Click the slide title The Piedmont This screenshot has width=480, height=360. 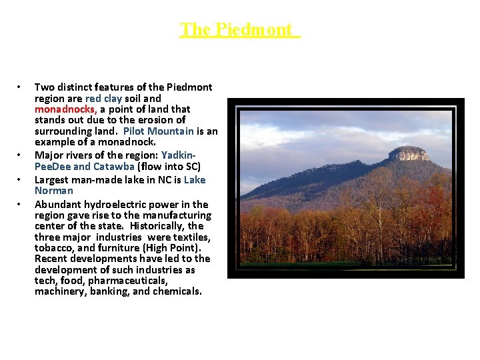[240, 30]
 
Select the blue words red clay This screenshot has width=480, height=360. [104, 98]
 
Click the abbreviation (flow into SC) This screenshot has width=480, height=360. [169, 166]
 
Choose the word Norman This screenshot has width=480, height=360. [54, 191]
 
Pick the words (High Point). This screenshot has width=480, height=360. [159, 247]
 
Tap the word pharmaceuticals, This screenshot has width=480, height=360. [130, 280]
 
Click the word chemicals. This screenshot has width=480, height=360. [178, 291]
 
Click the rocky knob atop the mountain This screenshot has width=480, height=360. [409, 154]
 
